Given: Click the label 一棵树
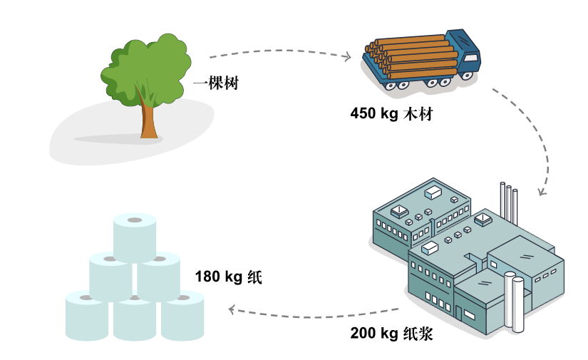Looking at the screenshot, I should (215, 83).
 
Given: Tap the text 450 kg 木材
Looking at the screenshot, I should (391, 114).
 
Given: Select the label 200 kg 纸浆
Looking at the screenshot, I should (391, 333).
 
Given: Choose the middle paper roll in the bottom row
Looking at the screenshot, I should (134, 319).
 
